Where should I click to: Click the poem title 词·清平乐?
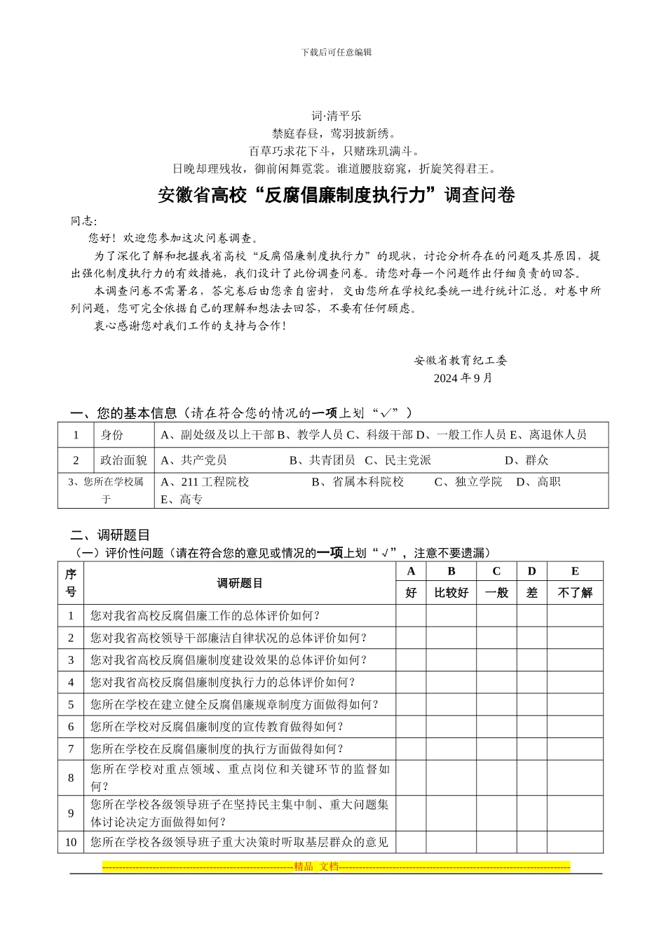336,116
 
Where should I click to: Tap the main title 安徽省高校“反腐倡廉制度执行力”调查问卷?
336,195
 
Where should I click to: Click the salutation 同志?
84,221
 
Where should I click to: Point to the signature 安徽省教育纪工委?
461,361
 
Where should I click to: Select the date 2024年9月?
463,378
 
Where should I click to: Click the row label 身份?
112,435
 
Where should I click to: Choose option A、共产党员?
194,460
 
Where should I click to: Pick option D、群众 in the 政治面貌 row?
526,460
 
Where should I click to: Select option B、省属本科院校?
358,482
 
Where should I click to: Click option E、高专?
182,500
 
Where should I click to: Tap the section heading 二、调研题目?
110,535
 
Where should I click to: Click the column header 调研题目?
240,583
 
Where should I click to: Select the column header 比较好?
451,593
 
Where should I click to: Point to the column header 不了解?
575,593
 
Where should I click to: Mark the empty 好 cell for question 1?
411,616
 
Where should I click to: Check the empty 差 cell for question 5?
531,705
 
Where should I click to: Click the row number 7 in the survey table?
71,749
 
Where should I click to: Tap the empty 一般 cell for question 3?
496,660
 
